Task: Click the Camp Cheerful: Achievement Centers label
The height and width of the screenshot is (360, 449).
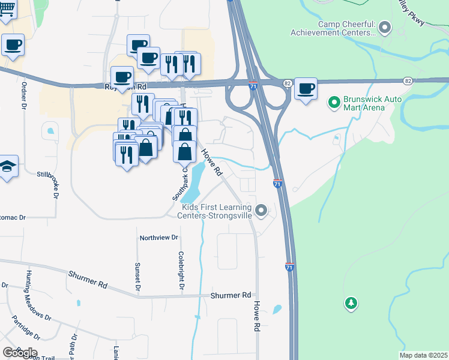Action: point(333,28)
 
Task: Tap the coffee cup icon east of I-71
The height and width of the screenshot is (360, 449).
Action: point(306,89)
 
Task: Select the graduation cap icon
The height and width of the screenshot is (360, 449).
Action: point(7,166)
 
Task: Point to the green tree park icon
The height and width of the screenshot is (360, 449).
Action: point(351,303)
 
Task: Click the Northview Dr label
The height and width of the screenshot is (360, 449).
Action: point(159,238)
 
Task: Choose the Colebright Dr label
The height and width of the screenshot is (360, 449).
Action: point(180,271)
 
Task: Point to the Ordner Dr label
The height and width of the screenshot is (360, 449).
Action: point(25,96)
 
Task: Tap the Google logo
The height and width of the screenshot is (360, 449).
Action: point(19,352)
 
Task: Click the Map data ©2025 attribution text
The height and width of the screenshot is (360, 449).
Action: point(423,355)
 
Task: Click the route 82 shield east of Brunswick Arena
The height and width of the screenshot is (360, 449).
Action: point(408,81)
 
